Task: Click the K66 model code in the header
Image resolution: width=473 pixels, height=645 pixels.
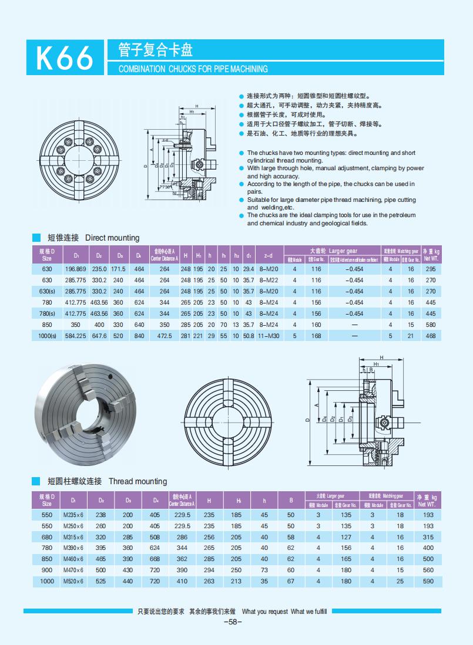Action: coord(65,59)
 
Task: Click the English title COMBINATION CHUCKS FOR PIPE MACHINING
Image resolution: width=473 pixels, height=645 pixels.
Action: coord(193,69)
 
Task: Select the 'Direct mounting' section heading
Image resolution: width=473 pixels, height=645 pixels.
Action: coord(112,238)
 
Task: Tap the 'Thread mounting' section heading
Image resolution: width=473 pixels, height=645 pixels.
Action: coord(137,481)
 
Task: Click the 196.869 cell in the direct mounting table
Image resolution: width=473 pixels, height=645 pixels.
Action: coord(75,269)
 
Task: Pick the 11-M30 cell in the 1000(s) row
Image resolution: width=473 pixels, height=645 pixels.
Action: coord(269,336)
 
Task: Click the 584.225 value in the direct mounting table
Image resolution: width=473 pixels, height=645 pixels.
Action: coord(75,336)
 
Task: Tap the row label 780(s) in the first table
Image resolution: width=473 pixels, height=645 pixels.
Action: coord(47,313)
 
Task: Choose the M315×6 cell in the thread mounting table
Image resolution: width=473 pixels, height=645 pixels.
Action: coord(73,537)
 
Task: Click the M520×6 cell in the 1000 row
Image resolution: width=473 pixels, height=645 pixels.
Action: coord(73,581)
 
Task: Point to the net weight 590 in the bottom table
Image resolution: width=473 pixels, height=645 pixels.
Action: coord(428,581)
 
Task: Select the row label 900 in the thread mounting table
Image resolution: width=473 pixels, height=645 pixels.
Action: coord(47,570)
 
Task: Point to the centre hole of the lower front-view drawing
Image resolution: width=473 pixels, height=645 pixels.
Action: coord(228,421)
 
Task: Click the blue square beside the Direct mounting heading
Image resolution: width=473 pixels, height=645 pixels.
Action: coord(36,238)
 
